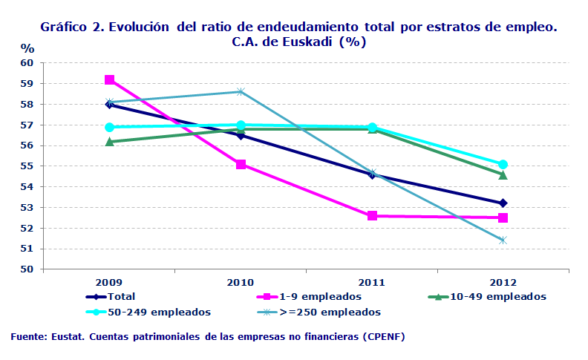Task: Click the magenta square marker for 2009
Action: (109, 80)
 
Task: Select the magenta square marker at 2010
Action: (241, 164)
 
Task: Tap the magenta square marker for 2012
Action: (503, 217)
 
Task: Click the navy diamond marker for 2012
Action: (503, 203)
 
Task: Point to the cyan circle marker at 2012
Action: (503, 164)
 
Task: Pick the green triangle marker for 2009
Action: (109, 141)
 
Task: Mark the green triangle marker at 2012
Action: (503, 175)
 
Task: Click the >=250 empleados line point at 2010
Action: (241, 91)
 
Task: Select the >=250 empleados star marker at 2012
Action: (503, 240)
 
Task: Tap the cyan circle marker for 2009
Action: (109, 127)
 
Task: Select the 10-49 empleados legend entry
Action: (505, 297)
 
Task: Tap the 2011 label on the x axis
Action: (372, 283)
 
